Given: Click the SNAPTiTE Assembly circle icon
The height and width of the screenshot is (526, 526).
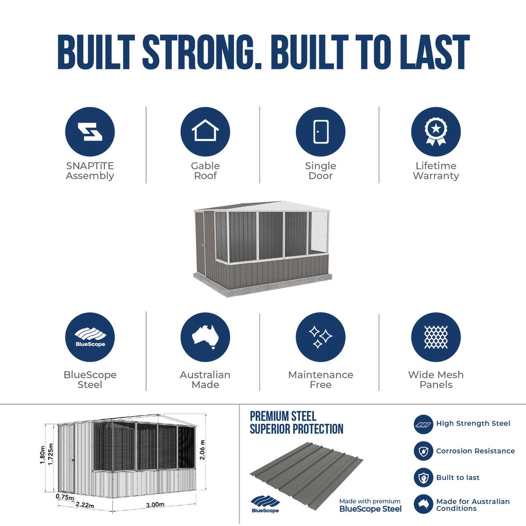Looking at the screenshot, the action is click(x=90, y=131).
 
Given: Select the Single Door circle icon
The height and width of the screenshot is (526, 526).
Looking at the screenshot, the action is click(x=320, y=131).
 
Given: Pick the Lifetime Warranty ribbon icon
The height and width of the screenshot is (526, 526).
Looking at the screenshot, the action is click(x=436, y=131).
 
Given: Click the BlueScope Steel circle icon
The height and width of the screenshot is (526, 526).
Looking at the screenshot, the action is click(x=90, y=337).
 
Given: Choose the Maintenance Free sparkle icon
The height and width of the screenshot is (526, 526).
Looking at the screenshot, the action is click(x=320, y=337).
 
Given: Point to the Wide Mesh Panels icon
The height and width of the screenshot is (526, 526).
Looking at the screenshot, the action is click(x=436, y=337).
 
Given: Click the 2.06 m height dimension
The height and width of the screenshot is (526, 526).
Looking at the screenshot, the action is click(x=202, y=449).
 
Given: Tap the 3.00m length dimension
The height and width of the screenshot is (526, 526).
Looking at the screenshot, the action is click(x=155, y=505).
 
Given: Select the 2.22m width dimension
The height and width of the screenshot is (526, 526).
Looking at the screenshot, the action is click(x=85, y=505).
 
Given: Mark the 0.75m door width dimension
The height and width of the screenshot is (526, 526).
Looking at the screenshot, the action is click(x=65, y=497).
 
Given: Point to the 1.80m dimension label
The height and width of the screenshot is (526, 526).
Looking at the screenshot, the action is click(x=43, y=455).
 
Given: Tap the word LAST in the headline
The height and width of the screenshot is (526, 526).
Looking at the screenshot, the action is click(x=435, y=52).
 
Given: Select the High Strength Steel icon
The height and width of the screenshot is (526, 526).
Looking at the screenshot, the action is click(x=423, y=424).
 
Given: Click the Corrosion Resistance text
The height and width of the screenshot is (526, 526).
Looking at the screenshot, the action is click(x=476, y=451).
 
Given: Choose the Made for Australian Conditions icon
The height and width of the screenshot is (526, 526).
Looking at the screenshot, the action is click(x=423, y=504).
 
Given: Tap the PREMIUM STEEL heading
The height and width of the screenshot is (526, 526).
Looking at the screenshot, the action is click(x=283, y=417).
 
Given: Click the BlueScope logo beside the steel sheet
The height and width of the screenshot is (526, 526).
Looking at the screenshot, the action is click(x=265, y=504).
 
